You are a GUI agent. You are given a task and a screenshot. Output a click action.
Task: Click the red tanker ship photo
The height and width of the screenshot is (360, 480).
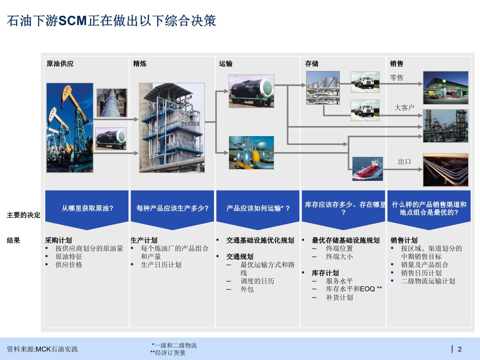coord(367,169)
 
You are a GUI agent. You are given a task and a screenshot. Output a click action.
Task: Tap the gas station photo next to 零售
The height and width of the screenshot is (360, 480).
coord(445,87)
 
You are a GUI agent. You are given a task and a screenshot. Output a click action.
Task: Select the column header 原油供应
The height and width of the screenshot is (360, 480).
coord(60,64)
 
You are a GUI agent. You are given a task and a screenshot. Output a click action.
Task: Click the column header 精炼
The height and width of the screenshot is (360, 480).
coord(140,64)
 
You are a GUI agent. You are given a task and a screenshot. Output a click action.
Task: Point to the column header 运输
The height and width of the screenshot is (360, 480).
coord(226,64)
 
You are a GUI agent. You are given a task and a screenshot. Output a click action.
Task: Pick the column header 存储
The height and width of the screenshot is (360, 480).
coord(312,64)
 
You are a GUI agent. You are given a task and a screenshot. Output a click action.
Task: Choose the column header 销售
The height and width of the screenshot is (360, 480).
coord(397,64)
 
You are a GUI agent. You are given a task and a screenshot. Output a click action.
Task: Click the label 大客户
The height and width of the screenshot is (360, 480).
coord(404,108)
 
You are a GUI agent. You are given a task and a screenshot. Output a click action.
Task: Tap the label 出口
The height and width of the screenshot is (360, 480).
coord(404,162)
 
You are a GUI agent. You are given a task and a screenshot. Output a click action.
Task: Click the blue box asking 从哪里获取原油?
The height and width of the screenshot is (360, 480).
coord(87,208)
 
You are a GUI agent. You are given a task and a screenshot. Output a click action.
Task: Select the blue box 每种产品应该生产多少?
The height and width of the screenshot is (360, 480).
coord(172,208)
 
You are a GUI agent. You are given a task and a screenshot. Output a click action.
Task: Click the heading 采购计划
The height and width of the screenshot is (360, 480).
coord(58,240)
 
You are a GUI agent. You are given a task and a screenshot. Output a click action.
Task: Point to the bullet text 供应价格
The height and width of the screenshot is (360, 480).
coord(69,265)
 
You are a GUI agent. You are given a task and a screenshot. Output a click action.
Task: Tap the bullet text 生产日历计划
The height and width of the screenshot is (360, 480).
coord(161,265)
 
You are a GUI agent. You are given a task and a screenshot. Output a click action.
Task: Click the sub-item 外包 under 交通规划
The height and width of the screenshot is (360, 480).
coord(247,289)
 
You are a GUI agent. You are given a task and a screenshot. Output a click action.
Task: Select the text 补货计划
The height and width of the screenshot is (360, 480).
coord(339,297)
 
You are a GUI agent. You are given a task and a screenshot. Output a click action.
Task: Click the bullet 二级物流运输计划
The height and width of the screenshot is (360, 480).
coord(428,281)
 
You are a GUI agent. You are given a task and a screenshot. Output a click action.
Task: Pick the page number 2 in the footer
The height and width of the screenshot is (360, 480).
coord(460,349)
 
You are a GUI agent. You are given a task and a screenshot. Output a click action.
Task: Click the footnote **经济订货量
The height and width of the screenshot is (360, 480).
coord(168,353)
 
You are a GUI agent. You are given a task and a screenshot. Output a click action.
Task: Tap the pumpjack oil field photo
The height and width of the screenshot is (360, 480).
coord(70,128)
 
